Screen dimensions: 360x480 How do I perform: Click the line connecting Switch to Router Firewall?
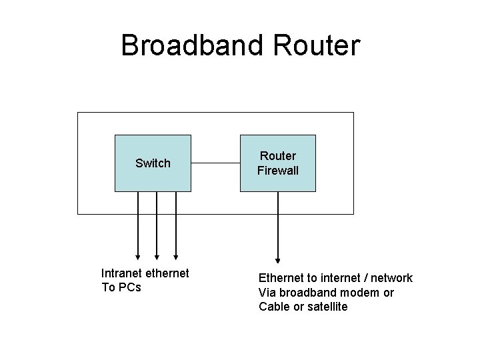tap(215, 163)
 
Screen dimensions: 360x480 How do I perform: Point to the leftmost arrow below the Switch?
tap(138, 227)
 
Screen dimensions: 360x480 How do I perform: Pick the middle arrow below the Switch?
tap(157, 227)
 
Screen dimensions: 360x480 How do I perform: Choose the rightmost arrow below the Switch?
tap(176, 227)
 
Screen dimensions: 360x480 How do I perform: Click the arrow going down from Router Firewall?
tap(278, 227)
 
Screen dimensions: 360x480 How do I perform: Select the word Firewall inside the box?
tap(278, 171)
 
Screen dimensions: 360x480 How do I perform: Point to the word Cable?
tap(274, 307)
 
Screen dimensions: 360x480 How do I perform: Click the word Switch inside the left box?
tap(153, 163)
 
